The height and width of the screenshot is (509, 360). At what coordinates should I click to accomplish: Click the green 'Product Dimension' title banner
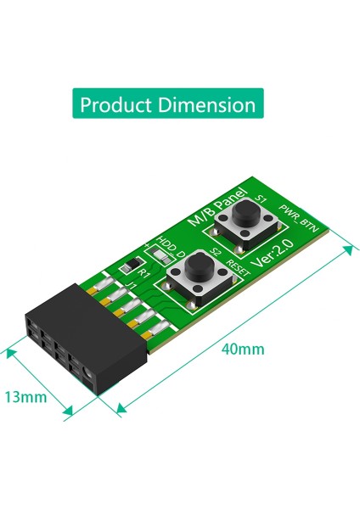click(167, 105)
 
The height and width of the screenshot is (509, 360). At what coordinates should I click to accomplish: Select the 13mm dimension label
click(25, 396)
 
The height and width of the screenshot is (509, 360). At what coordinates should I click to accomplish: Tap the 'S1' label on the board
click(262, 199)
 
